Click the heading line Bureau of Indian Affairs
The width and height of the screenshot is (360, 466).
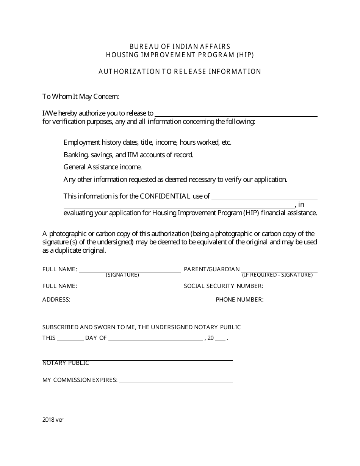click(x=180, y=47)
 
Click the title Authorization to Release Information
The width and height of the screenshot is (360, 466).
click(x=180, y=72)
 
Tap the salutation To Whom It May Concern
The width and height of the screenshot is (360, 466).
click(x=81, y=97)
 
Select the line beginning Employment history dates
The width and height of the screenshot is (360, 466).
click(x=147, y=142)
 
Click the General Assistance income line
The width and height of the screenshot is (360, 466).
click(x=102, y=167)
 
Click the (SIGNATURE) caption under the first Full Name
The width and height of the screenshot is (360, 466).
click(x=122, y=275)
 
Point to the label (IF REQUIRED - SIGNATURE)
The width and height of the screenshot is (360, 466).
click(x=277, y=275)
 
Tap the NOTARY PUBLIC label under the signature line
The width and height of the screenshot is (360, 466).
click(x=66, y=363)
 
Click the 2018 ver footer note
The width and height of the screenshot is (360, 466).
click(x=53, y=420)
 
